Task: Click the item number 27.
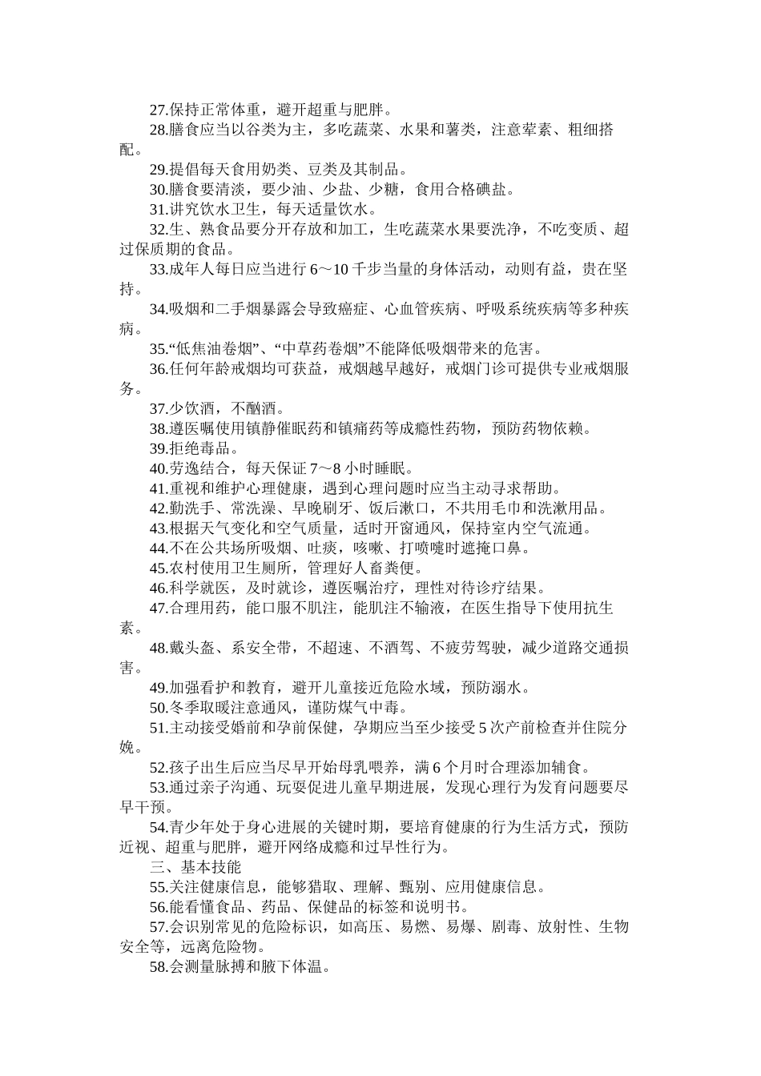(x=158, y=110)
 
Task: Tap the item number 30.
(x=158, y=189)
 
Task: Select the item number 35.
(x=158, y=348)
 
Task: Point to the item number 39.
(x=158, y=448)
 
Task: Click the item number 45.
(x=158, y=568)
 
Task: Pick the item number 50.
(x=158, y=707)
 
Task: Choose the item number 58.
(x=158, y=966)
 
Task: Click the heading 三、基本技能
(x=195, y=866)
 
